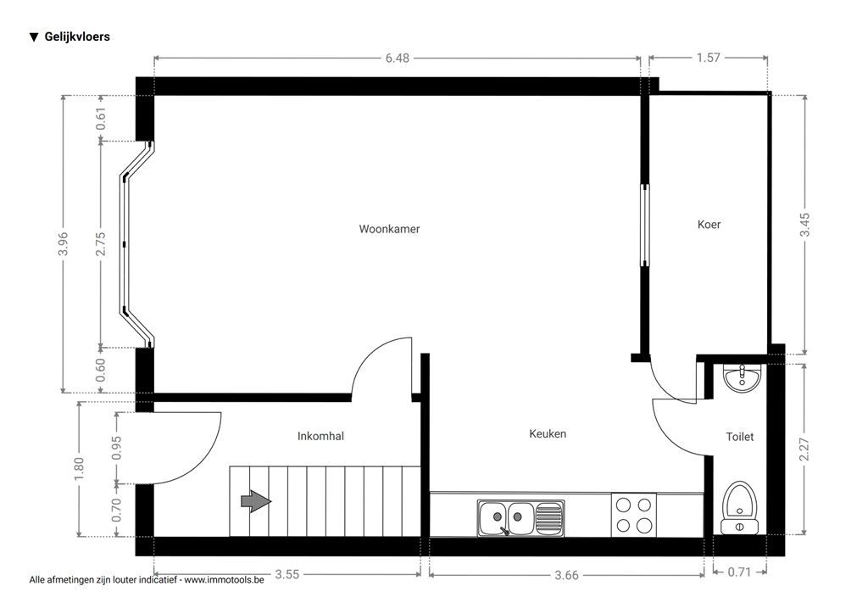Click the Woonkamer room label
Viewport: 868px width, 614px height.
pyautogui.click(x=389, y=229)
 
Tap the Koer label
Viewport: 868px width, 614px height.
pyautogui.click(x=709, y=225)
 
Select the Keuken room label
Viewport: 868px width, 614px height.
pyautogui.click(x=548, y=433)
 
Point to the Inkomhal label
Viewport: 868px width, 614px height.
pyautogui.click(x=320, y=436)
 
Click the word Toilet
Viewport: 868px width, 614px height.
pyautogui.click(x=739, y=437)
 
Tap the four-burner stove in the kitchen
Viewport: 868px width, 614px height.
pyautogui.click(x=633, y=514)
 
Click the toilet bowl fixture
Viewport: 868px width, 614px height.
pyautogui.click(x=739, y=507)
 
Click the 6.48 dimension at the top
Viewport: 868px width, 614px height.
pyautogui.click(x=397, y=58)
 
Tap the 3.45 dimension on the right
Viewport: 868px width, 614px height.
pyautogui.click(x=805, y=224)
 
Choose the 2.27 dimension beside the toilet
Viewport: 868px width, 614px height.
pyautogui.click(x=805, y=449)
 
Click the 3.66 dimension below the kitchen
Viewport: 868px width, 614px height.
pyautogui.click(x=566, y=575)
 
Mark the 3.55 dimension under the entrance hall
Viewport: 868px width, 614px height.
pyautogui.click(x=287, y=575)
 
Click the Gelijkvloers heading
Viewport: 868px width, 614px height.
pyautogui.click(x=76, y=36)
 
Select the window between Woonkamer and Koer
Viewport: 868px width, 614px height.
pyautogui.click(x=644, y=225)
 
